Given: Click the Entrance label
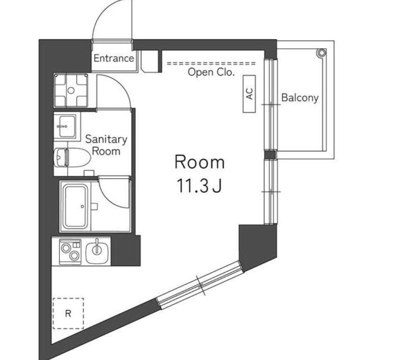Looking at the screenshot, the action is tap(114, 59).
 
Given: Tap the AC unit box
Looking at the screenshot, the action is tap(249, 94).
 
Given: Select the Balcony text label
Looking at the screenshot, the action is tap(300, 98).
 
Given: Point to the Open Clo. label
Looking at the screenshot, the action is tap(211, 72).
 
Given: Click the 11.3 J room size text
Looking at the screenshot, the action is tap(199, 186).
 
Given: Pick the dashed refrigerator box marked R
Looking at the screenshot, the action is tap(68, 313).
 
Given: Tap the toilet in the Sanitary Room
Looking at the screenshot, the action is tap(72, 157).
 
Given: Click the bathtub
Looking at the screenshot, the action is tap(75, 207).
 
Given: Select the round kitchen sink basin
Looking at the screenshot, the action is tap(97, 252).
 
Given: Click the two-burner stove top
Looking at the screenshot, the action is tap(70, 252).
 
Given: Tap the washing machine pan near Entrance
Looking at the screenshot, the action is tap(71, 90).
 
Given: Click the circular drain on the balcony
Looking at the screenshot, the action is tap(322, 53).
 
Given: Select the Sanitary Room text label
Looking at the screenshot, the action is tap(106, 145).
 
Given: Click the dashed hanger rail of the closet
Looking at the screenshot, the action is tap(211, 63).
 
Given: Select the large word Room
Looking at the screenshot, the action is tap(199, 162).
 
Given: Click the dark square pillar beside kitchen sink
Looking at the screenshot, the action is tap(126, 251).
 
